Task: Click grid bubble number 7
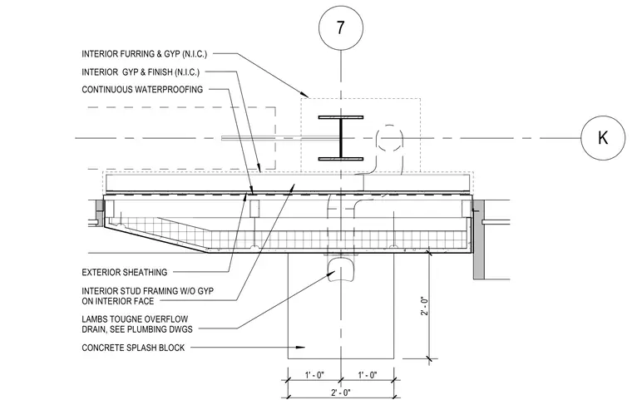coord(341,27)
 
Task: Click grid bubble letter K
coord(603,138)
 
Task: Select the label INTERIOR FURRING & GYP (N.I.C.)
coord(145,54)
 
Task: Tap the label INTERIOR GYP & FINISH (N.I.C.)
coord(141,72)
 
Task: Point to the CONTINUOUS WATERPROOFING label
coord(142,90)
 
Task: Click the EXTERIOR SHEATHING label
coord(125,273)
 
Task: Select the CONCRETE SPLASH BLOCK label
coord(133,348)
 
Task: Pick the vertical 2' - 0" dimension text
coord(424,306)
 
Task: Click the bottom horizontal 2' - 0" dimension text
coord(341,393)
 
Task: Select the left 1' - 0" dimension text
coord(314,375)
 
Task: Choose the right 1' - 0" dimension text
coord(368,375)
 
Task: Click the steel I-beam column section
coord(341,138)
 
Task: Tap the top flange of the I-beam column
coord(341,117)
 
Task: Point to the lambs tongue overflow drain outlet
coord(341,269)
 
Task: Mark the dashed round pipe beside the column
coord(389,138)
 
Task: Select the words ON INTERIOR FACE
coord(118,301)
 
